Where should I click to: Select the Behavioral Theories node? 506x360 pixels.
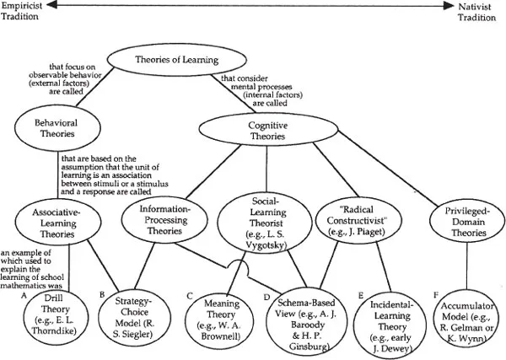coord(51,126)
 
